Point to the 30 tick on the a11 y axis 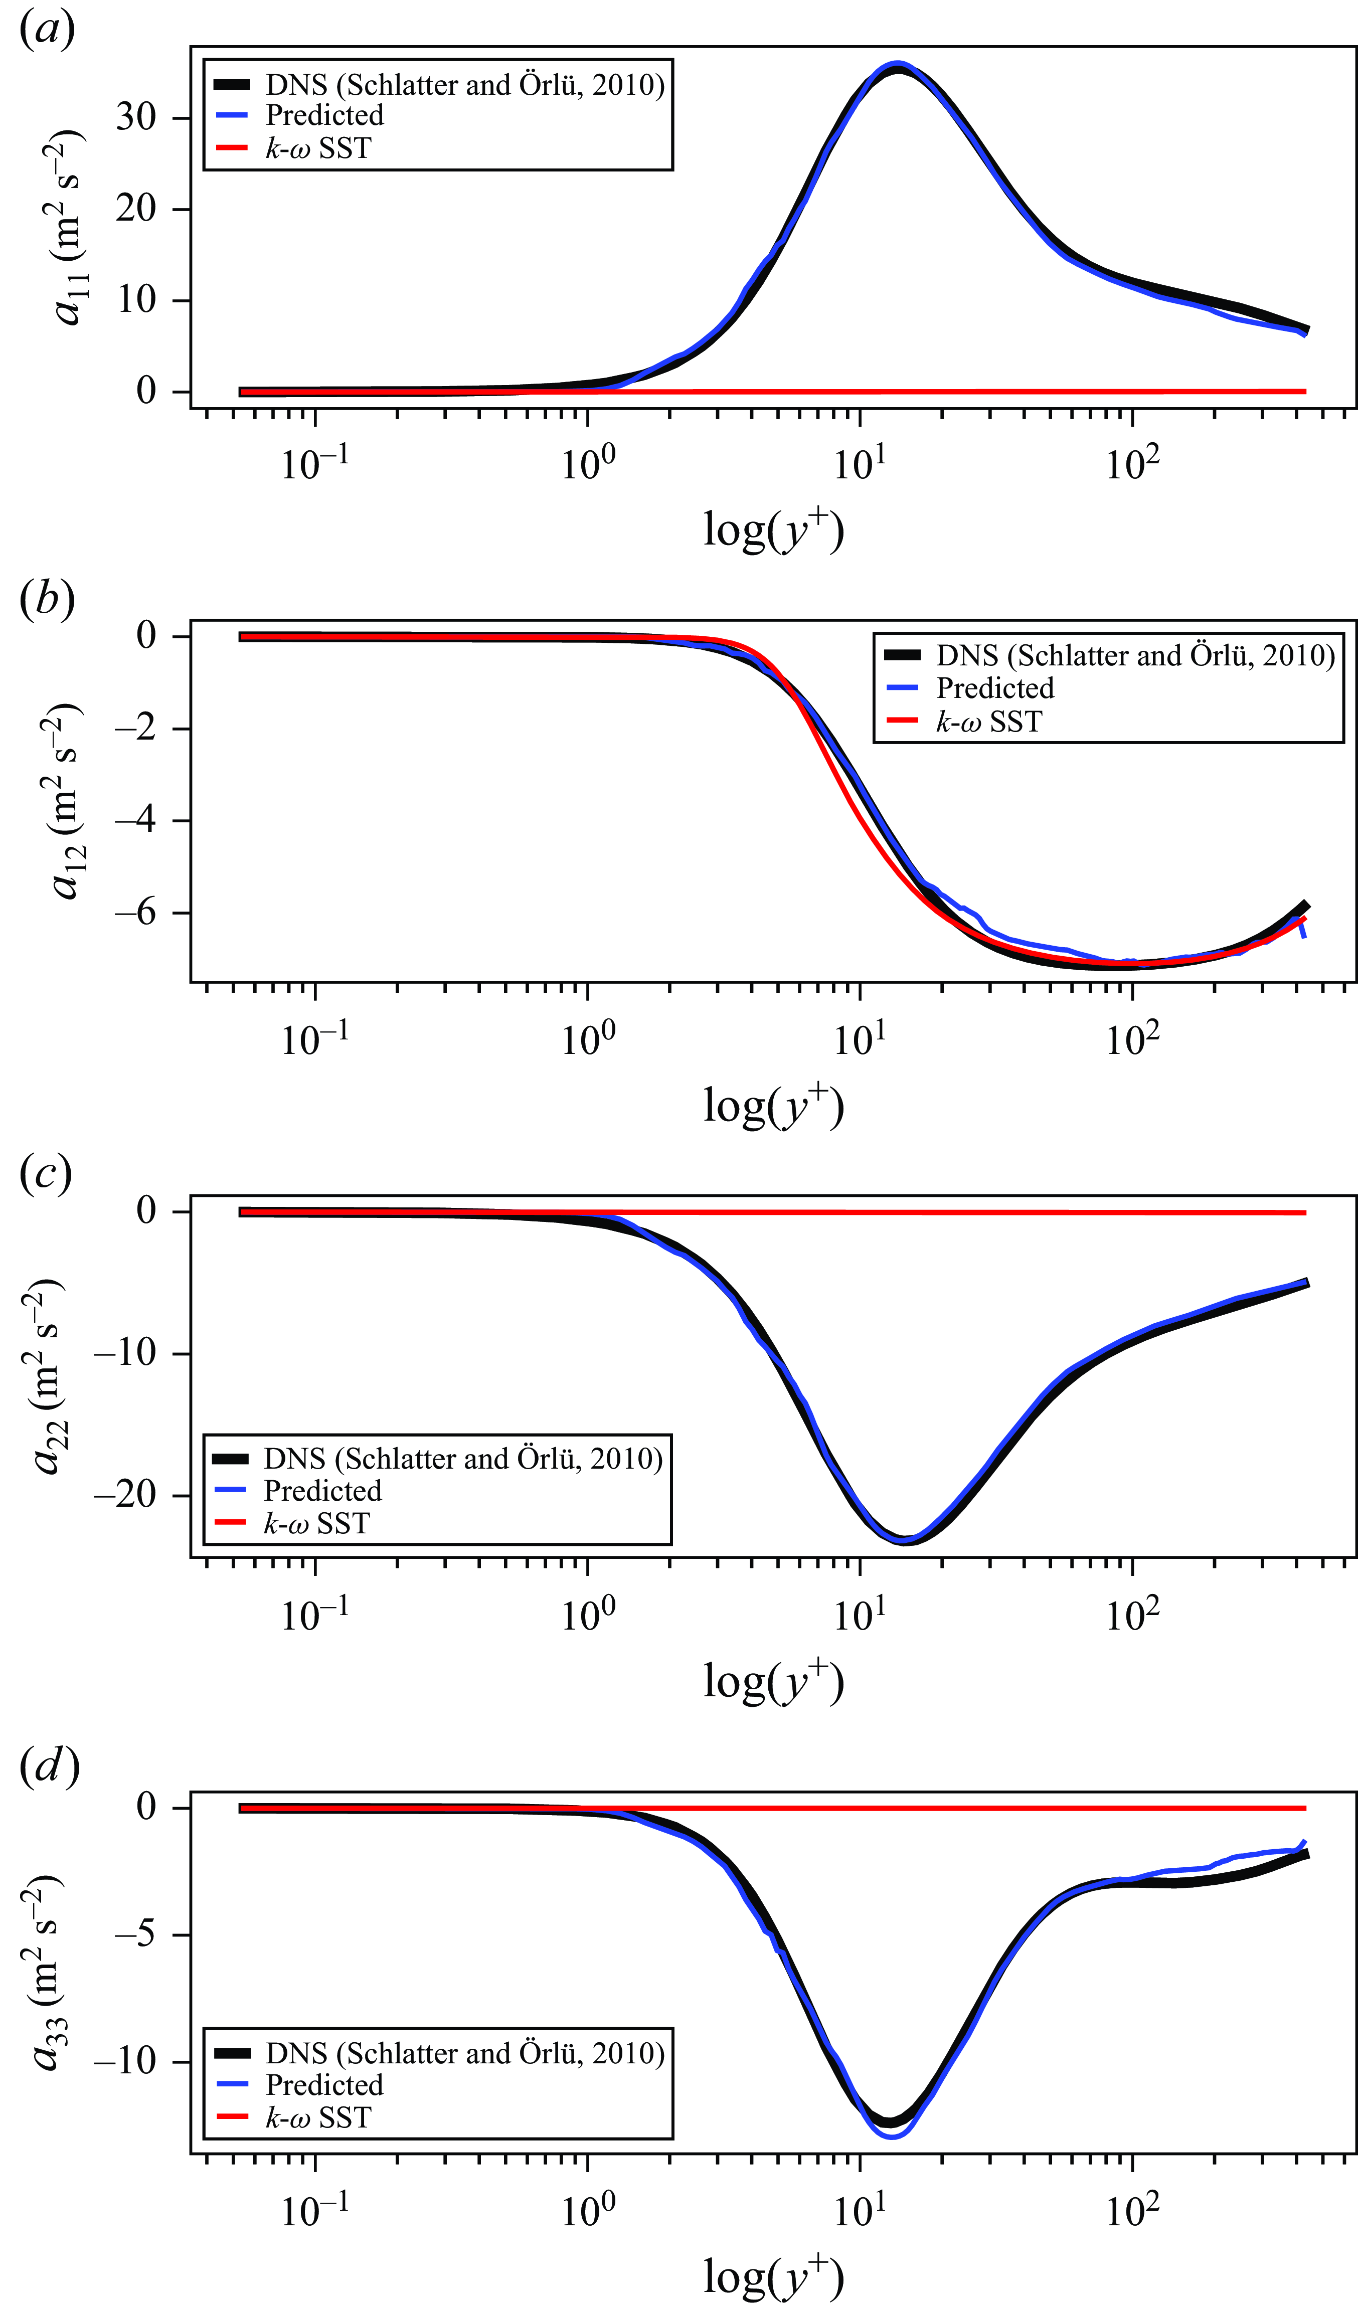click(x=135, y=117)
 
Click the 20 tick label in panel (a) click(x=135, y=209)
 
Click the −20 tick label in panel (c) click(x=126, y=1496)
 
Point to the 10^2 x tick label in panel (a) click(x=1132, y=464)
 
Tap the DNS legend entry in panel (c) click(x=462, y=1458)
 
